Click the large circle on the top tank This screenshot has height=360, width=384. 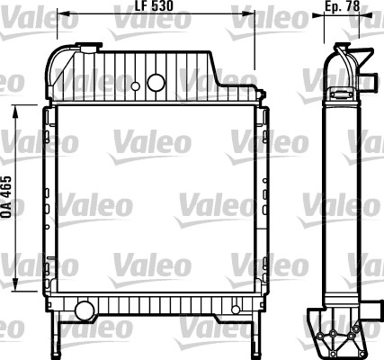[x=156, y=84]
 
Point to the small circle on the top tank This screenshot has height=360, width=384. [x=135, y=87]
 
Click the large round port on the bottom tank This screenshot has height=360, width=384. [x=85, y=311]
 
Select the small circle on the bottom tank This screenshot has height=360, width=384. [x=236, y=310]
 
